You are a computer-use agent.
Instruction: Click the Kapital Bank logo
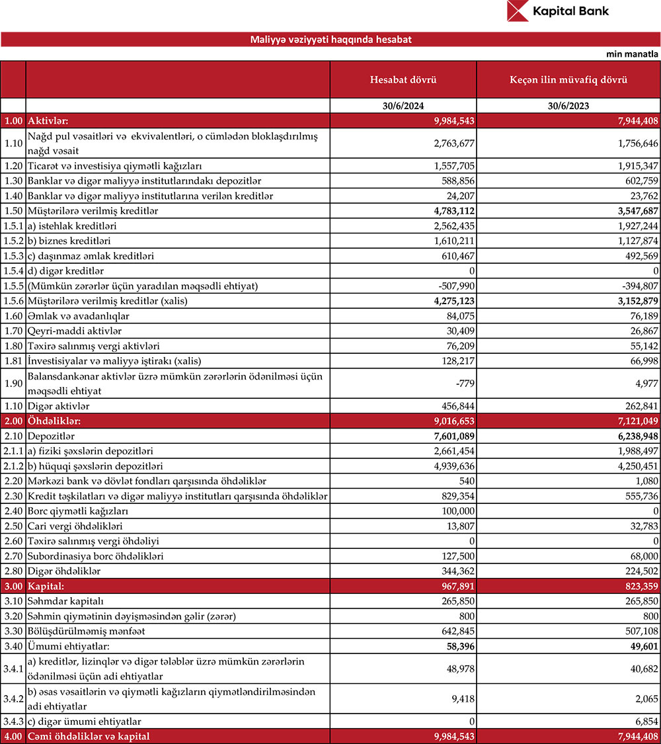pos(558,11)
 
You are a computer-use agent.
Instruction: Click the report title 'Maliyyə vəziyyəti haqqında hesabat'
pos(330,40)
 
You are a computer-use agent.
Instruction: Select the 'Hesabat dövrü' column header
pos(403,80)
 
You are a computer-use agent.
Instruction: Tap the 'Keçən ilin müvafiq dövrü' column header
pos(568,80)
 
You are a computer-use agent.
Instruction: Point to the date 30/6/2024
pos(403,106)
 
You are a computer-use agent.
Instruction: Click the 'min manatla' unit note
pos(632,54)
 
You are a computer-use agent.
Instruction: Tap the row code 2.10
pos(13,436)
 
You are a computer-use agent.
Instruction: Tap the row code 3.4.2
pos(13,698)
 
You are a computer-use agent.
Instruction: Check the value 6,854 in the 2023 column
pos(645,721)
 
